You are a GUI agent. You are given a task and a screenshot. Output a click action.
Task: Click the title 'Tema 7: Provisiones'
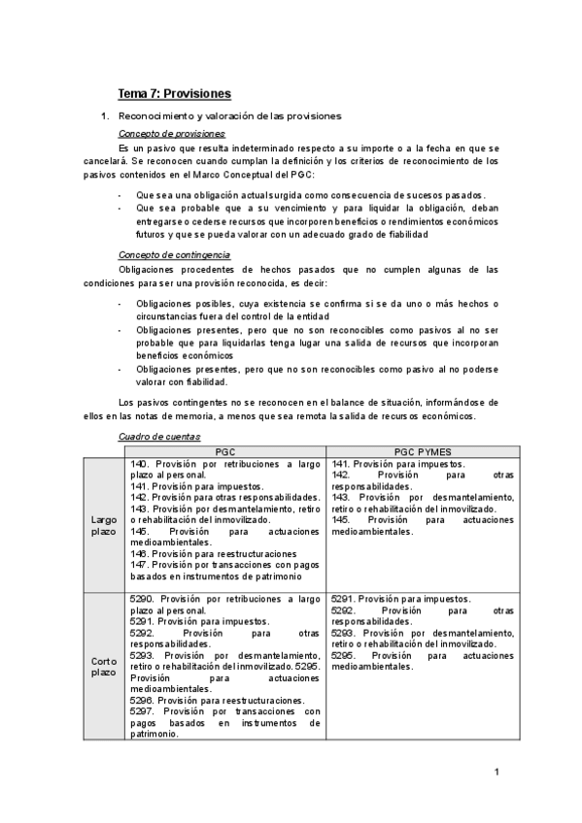coord(174,94)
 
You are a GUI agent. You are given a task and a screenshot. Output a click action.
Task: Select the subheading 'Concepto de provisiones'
coord(171,133)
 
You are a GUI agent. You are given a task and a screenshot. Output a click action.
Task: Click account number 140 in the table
coord(138,464)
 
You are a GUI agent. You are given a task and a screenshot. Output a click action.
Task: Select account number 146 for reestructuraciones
coord(138,552)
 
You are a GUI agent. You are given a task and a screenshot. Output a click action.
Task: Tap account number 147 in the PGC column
coord(138,564)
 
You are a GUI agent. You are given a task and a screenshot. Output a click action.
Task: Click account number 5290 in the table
coord(142,599)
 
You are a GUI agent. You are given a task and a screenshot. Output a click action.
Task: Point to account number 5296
coord(142,699)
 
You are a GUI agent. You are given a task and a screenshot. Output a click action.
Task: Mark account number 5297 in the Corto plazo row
coord(142,710)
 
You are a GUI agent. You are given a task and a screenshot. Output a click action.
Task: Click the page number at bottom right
coord(496,772)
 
